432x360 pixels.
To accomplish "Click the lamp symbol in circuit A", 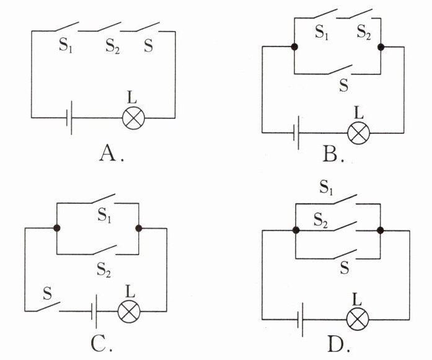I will pyautogui.click(x=131, y=117).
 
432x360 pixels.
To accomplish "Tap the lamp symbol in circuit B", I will pyautogui.click(x=358, y=133).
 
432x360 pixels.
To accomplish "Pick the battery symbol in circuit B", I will pyautogui.click(x=298, y=133).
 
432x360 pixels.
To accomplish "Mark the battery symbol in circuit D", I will pyautogui.click(x=301, y=320).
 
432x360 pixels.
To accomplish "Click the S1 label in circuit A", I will pyautogui.click(x=66, y=47).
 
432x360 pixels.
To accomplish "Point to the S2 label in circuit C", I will pyautogui.click(x=104, y=268).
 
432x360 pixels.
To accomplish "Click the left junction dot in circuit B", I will pyautogui.click(x=293, y=47).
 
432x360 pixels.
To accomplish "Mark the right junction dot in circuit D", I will pyautogui.click(x=380, y=230).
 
